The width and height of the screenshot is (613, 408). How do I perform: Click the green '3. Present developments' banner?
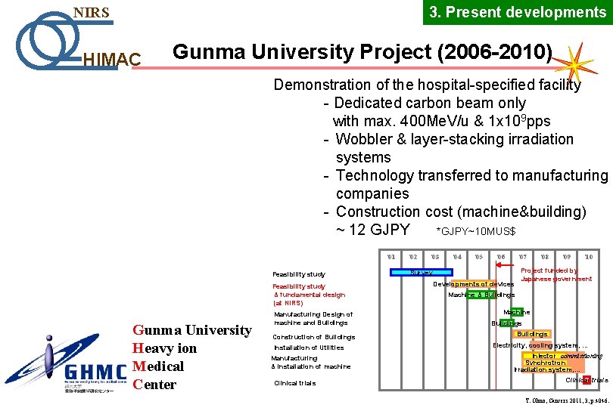point(518,12)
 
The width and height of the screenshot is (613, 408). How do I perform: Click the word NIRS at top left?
point(91,13)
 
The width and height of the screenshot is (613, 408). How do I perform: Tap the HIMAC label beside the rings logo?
point(110,59)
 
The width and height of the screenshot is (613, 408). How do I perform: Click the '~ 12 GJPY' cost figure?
point(372,230)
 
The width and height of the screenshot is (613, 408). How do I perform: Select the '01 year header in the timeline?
point(391,257)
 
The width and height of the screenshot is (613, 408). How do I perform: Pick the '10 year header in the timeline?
point(588,257)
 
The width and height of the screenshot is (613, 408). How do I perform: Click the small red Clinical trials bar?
point(586,379)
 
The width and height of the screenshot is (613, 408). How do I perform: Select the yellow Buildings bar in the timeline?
point(532,334)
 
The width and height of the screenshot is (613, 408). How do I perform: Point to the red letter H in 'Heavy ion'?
point(138,348)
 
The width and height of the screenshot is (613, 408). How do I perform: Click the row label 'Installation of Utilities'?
point(308,348)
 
